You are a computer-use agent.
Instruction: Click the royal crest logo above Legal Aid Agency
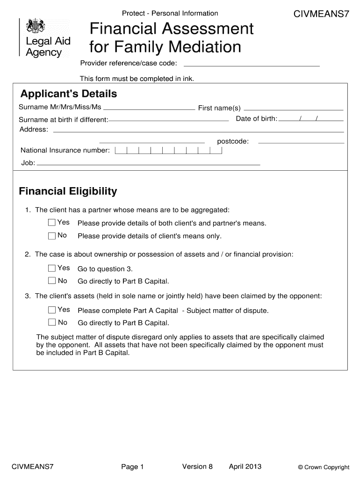tap(35, 26)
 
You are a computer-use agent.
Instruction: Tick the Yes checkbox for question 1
tap(51, 222)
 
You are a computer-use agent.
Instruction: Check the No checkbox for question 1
tap(51, 235)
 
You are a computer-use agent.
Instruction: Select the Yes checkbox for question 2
tap(51, 268)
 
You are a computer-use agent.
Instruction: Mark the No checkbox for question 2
tap(51, 281)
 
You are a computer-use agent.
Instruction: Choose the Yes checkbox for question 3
tap(51, 310)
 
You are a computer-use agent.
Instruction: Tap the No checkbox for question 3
tap(51, 323)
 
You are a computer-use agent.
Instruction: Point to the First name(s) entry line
tap(294, 108)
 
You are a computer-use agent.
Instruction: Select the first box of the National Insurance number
tap(120, 150)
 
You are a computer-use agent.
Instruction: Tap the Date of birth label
tap(256, 118)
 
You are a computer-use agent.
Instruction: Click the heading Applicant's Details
tap(68, 94)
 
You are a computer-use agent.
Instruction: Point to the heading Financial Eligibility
tap(68, 191)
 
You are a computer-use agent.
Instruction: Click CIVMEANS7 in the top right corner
tap(321, 14)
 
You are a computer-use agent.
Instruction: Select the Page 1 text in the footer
tap(132, 467)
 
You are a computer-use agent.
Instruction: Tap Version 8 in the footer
tap(197, 466)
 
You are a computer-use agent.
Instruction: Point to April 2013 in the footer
tap(245, 466)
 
